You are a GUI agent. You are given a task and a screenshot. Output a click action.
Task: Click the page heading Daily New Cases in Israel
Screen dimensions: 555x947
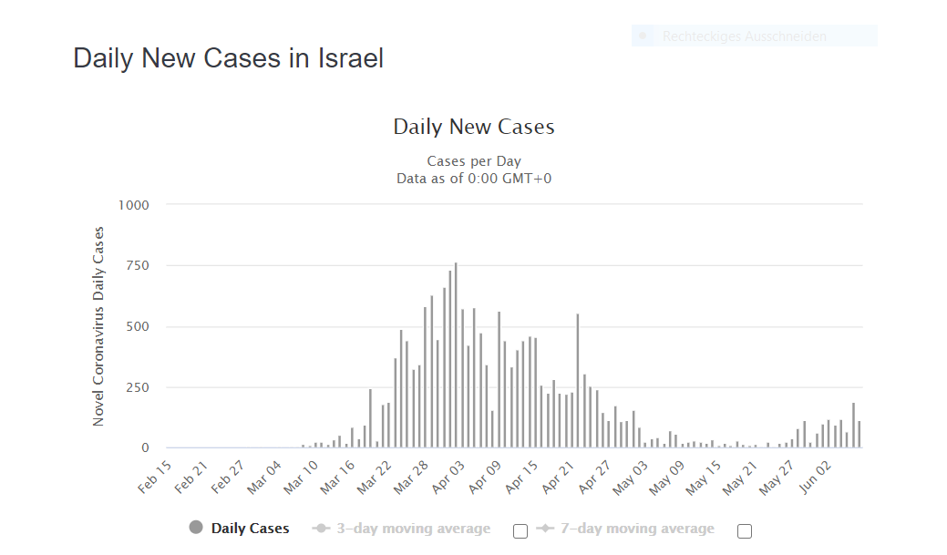[x=228, y=58]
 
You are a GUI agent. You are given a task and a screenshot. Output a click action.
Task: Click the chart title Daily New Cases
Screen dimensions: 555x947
[x=473, y=127]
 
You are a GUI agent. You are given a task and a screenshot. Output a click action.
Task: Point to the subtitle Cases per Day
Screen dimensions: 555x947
[x=473, y=161]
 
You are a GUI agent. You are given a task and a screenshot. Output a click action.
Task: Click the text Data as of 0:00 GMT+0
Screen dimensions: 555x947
[x=473, y=178]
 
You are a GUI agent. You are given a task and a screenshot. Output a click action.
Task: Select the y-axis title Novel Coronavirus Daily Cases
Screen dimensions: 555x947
[x=98, y=326]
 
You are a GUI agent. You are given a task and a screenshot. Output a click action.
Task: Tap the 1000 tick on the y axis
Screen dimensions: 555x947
[x=133, y=205]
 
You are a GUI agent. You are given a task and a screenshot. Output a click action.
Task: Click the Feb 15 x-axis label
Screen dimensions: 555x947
[x=155, y=476]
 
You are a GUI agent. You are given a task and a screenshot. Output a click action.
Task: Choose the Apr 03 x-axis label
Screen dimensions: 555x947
[x=448, y=476]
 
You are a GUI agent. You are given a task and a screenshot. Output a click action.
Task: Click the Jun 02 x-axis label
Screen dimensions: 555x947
[x=816, y=476]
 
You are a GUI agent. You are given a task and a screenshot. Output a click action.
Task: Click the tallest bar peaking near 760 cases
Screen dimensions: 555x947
[x=456, y=355]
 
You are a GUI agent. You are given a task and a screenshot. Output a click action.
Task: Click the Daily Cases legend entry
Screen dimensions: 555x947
[x=239, y=529]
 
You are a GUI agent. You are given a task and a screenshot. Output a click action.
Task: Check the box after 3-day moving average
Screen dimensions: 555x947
[x=520, y=531]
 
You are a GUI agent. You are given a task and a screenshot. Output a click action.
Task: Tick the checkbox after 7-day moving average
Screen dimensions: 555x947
[x=745, y=531]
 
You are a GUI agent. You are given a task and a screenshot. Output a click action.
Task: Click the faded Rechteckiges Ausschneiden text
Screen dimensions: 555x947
[x=744, y=36]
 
